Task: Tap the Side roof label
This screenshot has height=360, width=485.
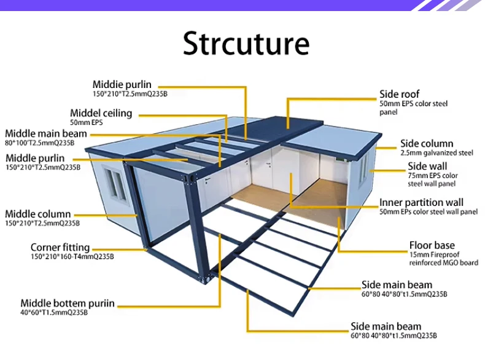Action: pos(399,94)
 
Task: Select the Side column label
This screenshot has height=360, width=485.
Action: pos(427,143)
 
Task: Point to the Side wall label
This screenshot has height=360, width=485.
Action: pos(427,166)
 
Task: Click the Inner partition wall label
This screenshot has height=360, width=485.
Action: pos(421,202)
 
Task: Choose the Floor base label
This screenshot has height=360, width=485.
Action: pos(432,245)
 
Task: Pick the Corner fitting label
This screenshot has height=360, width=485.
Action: pos(60,248)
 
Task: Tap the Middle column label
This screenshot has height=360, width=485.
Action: pos(37,214)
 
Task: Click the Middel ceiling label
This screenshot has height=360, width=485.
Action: pos(101,113)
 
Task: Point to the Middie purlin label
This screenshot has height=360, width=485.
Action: pos(122,84)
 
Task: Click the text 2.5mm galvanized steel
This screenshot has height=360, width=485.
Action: pos(437,153)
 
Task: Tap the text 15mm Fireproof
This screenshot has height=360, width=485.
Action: pos(433,254)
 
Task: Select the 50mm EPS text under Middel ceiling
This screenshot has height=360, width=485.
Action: pos(86,123)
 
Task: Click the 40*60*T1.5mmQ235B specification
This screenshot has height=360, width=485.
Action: pos(54,313)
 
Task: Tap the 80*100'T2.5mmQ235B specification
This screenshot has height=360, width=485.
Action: pos(39,143)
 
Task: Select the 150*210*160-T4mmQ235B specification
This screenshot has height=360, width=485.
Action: pos(72,257)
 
